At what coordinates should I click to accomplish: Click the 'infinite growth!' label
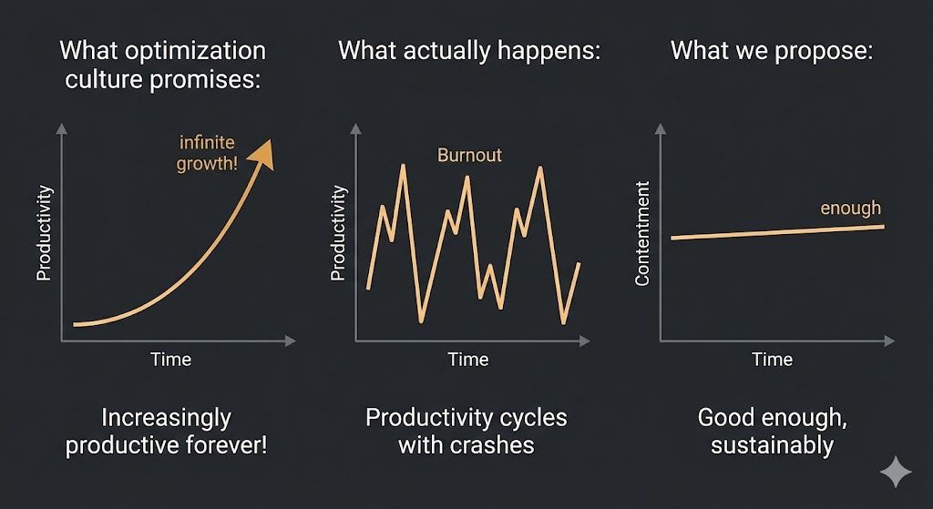[208, 153]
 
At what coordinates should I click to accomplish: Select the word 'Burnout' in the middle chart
[469, 155]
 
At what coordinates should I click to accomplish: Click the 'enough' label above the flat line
[850, 209]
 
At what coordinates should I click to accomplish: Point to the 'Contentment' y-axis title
[642, 234]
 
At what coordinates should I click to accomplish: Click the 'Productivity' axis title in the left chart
[43, 233]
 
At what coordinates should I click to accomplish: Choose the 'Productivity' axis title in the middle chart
[338, 233]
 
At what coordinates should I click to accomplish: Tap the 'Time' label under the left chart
[170, 360]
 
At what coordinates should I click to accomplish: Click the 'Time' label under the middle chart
[468, 360]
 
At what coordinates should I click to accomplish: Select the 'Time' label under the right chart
[772, 360]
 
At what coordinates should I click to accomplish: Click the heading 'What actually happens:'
[469, 50]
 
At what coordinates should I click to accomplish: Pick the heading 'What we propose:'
[772, 50]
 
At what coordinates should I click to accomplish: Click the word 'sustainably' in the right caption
[772, 446]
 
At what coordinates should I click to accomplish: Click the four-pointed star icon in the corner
[896, 473]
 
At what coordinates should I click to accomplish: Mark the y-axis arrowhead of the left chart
[61, 129]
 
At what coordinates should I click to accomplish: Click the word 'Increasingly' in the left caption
[166, 418]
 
